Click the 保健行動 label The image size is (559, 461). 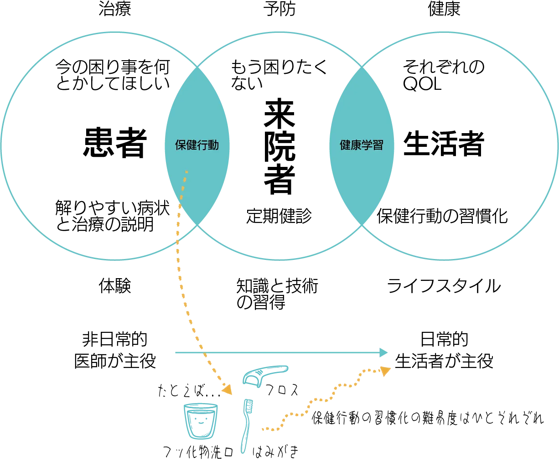[197, 145]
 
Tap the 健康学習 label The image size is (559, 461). [361, 145]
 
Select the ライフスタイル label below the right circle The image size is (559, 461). [444, 288]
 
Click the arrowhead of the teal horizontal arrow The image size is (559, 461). [384, 352]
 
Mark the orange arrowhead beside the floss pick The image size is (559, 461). [227, 388]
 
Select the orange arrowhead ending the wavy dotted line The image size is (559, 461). [386, 370]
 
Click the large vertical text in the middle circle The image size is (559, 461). [279, 146]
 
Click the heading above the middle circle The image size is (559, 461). [279, 9]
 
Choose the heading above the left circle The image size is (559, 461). [115, 9]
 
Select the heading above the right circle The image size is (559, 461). [445, 9]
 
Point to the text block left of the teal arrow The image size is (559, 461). [115, 350]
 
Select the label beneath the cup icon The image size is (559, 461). [197, 452]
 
